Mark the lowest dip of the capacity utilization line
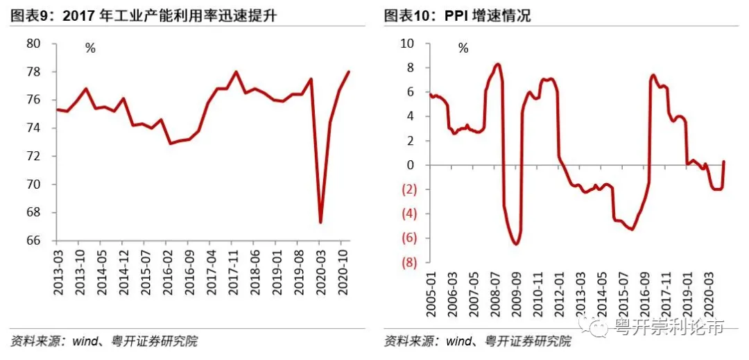coord(320,222)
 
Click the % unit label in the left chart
coord(90,49)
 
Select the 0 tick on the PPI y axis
coord(411,165)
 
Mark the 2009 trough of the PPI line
coord(515,243)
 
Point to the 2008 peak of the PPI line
coord(498,65)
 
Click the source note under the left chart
coord(104,341)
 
